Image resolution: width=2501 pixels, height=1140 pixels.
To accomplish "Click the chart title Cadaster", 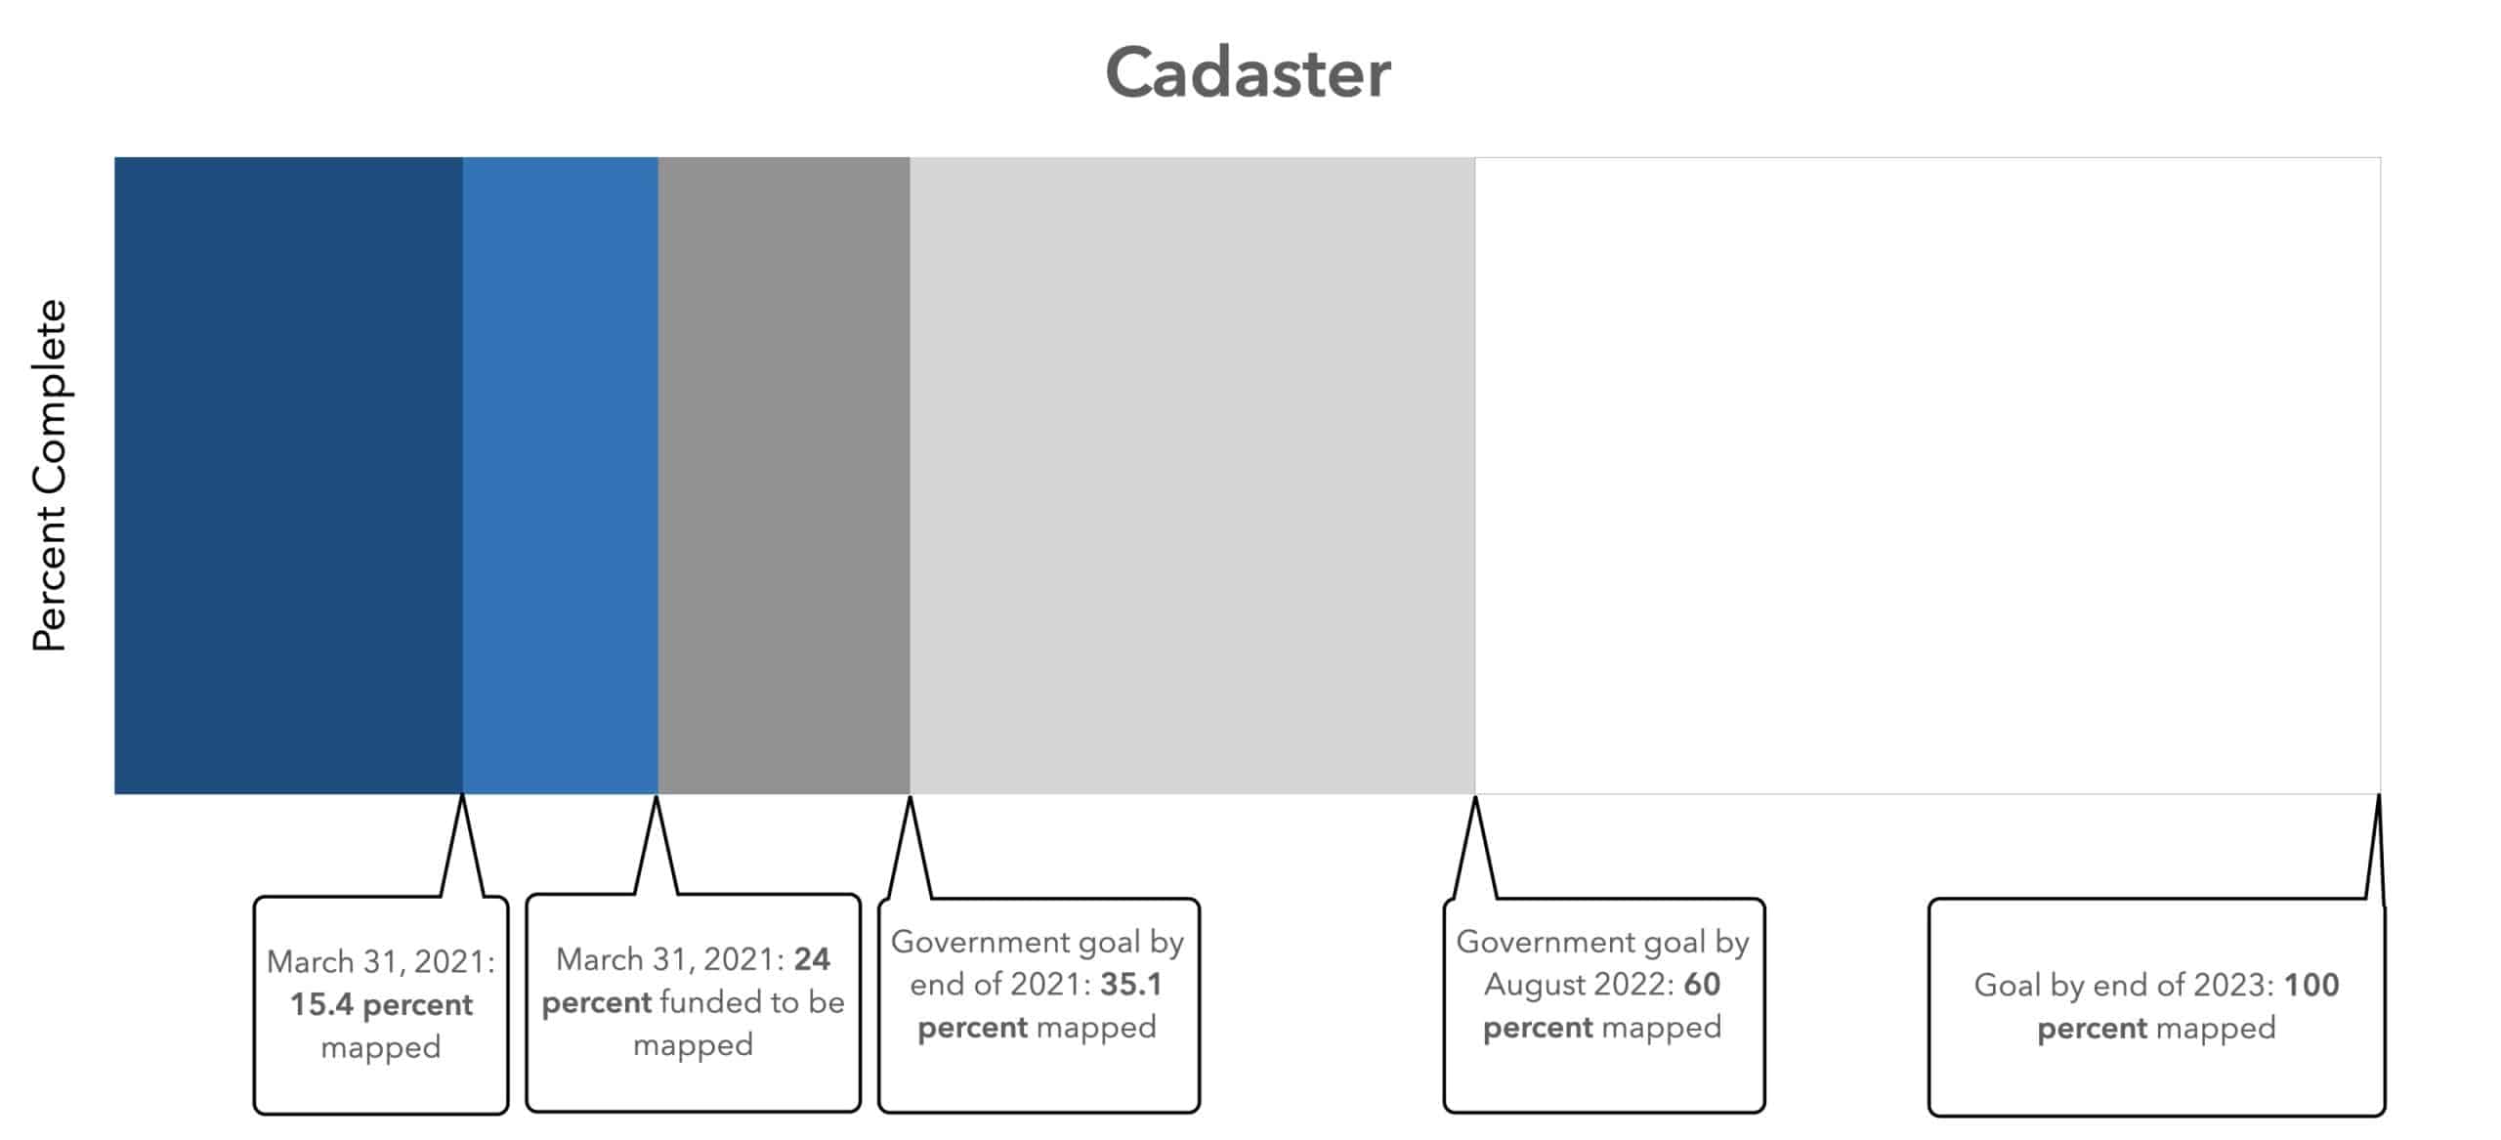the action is point(1248,72).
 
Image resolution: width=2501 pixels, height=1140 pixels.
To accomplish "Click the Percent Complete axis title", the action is point(50,476).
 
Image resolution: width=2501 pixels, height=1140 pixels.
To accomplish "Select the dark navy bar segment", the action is point(288,476).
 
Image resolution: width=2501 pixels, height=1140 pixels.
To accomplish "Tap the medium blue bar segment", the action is point(561,476).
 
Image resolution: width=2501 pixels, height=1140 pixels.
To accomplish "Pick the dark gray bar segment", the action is point(784,476).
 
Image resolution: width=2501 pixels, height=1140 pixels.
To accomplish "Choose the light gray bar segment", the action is point(1192,476).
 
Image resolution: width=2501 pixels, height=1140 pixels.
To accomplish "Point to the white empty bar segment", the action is point(1928,476).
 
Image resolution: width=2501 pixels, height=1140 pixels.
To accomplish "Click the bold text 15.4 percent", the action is point(381,1005).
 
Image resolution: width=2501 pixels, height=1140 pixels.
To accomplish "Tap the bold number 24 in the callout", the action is point(812,959).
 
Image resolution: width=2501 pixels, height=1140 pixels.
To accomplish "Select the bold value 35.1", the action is point(1131,984).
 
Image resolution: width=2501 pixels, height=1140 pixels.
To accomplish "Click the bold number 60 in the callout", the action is point(1702,984).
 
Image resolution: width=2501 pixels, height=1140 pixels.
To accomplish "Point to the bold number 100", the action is point(2311,985).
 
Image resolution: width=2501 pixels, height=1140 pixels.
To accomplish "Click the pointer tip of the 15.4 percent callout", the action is point(462,796).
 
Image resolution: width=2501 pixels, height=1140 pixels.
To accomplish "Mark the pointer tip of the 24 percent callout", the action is point(657,797).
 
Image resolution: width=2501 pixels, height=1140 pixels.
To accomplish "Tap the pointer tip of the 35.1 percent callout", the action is point(910,797).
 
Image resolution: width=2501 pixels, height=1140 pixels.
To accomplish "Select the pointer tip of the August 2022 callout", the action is point(1475,797).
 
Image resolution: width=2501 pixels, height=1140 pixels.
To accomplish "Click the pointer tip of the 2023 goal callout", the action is point(2378,795).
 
